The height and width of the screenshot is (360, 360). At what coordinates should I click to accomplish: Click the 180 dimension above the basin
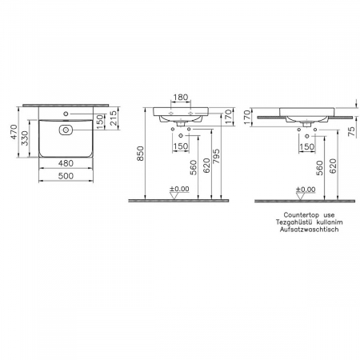coord(181,98)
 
